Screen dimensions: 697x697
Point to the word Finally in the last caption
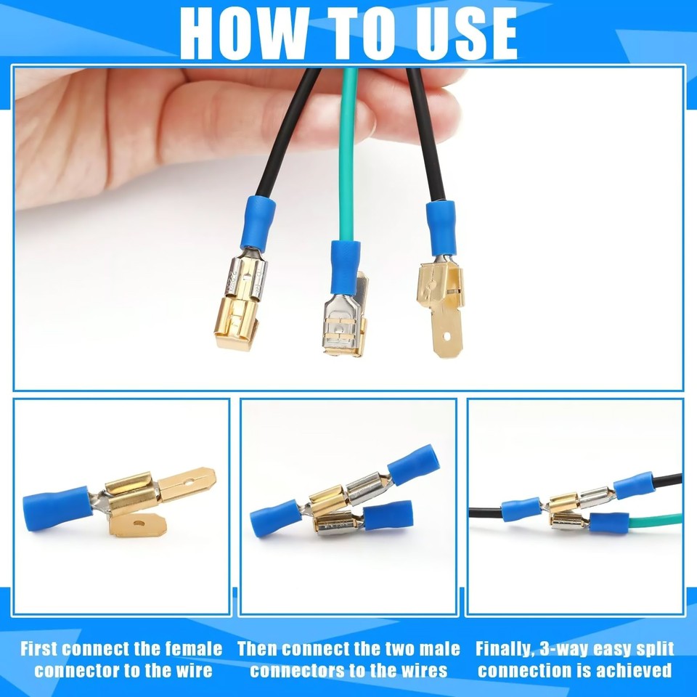coord(502,648)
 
